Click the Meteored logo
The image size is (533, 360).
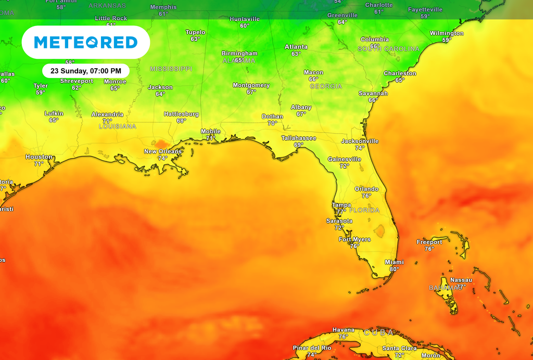click(x=86, y=42)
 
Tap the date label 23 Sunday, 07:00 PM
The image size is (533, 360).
click(x=86, y=71)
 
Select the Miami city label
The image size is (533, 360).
click(x=394, y=262)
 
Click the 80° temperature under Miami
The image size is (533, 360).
click(x=394, y=269)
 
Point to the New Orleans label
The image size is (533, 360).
click(x=163, y=151)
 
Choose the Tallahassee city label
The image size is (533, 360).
click(x=299, y=138)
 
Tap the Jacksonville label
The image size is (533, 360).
click(x=360, y=141)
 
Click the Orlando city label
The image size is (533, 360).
click(x=366, y=189)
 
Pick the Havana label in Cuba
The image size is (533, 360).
click(x=344, y=330)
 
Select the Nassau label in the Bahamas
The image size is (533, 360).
click(x=461, y=280)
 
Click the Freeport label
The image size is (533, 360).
click(x=429, y=242)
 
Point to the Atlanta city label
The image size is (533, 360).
click(x=296, y=47)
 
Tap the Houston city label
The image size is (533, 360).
click(x=39, y=157)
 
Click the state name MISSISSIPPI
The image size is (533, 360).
click(x=171, y=69)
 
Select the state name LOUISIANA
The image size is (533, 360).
click(x=117, y=126)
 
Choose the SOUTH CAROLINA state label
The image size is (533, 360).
click(x=388, y=48)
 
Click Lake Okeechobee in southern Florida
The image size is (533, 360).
click(x=380, y=230)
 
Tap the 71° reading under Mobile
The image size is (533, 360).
click(x=210, y=138)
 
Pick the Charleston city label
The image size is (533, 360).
click(x=400, y=73)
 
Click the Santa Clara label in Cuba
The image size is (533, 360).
click(x=399, y=348)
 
